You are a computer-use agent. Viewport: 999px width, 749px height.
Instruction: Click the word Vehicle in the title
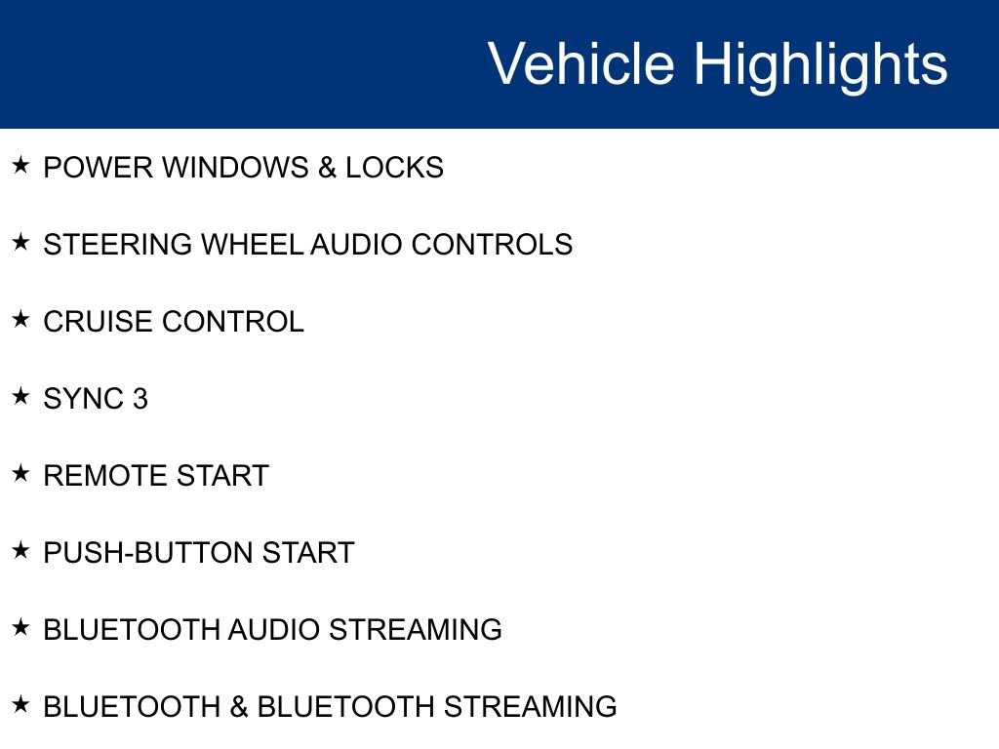tap(580, 64)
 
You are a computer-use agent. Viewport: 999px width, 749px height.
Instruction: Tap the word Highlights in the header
tap(820, 64)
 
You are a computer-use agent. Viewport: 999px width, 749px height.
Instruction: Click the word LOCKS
tap(394, 168)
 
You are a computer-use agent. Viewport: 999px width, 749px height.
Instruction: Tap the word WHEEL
tap(252, 245)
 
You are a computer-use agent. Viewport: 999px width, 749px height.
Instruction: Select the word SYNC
tap(82, 399)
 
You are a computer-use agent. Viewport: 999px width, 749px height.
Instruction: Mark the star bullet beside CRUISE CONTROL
tap(21, 319)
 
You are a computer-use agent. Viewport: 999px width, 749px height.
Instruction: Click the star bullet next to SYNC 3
tap(21, 396)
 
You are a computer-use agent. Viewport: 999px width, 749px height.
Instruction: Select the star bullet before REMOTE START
tap(21, 473)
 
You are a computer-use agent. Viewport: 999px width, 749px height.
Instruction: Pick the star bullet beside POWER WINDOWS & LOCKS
tap(21, 165)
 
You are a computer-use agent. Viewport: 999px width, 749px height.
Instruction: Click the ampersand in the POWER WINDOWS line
tap(327, 168)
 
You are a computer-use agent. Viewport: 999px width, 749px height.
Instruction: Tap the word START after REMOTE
tap(221, 476)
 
